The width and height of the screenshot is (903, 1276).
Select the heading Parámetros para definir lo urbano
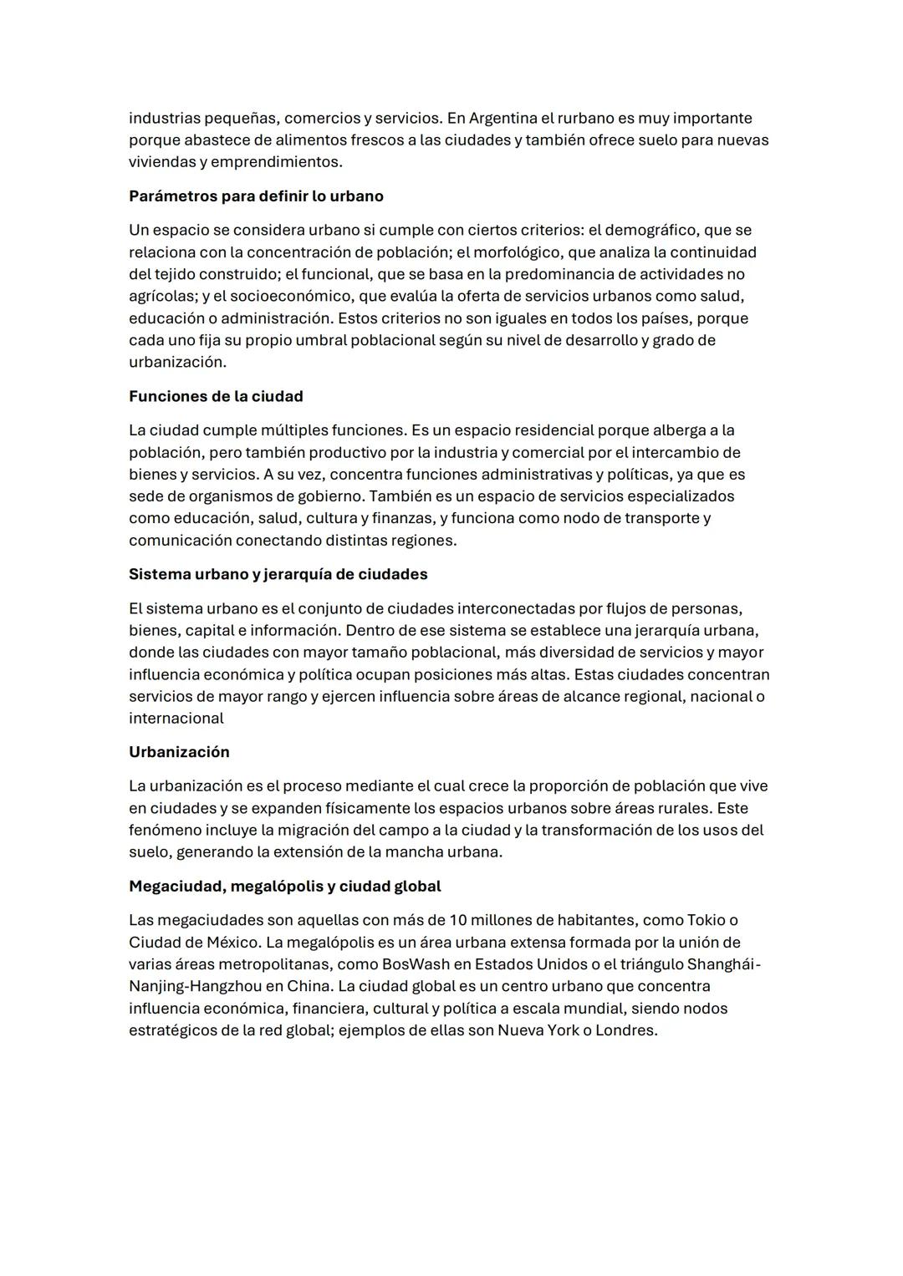tap(256, 196)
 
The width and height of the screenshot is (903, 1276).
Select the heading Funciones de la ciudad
tap(216, 396)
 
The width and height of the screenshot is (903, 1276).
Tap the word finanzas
tap(401, 518)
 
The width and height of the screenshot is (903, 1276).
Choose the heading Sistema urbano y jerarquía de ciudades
tap(278, 574)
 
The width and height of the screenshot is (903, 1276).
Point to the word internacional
tap(176, 719)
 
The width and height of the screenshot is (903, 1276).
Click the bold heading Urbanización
tap(179, 752)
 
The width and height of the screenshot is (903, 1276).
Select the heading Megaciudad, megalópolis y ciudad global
tap(284, 886)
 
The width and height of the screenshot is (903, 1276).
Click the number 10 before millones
tap(457, 920)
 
